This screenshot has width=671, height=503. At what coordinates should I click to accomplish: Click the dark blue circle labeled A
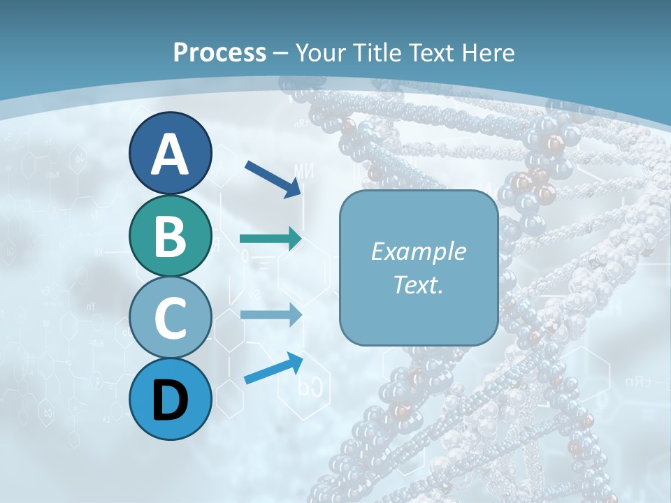click(x=170, y=153)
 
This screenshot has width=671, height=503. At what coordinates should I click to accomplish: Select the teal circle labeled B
click(x=170, y=235)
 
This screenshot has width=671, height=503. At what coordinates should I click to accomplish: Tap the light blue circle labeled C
click(x=170, y=318)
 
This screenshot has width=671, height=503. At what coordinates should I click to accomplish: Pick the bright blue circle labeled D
click(x=170, y=400)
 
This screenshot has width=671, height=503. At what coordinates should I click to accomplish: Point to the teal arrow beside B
click(x=270, y=239)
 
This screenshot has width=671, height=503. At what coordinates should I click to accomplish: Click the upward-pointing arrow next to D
click(x=273, y=368)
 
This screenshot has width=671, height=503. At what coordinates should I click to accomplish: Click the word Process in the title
click(x=219, y=52)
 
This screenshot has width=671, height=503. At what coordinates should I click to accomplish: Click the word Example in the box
click(x=418, y=251)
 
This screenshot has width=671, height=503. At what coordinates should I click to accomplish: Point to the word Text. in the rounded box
click(x=418, y=284)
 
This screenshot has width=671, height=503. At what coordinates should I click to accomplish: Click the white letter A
click(x=170, y=154)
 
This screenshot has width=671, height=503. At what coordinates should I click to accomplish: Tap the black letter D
click(x=170, y=400)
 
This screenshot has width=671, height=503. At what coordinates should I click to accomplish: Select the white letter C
click(x=170, y=319)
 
